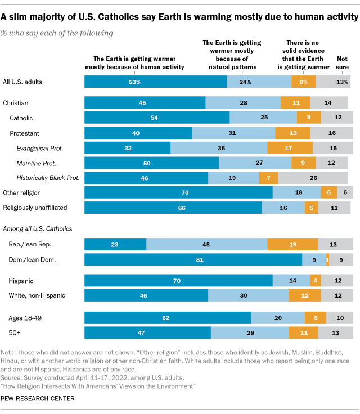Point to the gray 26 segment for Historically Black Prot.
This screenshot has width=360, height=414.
pyautogui.click(x=312, y=178)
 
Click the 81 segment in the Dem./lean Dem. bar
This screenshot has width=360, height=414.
pyautogui.click(x=193, y=259)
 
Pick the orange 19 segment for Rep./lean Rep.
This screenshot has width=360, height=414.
pyautogui.click(x=292, y=244)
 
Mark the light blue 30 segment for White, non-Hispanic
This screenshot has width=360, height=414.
pyautogui.click(x=248, y=295)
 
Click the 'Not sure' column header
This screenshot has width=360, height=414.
pyautogui.click(x=342, y=62)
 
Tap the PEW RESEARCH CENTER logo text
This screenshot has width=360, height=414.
pyautogui.click(x=38, y=398)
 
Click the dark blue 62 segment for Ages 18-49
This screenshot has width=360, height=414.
pyautogui.click(x=168, y=317)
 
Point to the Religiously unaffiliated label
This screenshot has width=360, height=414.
pyautogui.click(x=35, y=208)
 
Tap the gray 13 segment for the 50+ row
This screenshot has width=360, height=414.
pyautogui.click(x=335, y=332)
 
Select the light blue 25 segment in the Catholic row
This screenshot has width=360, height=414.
pyautogui.click(x=263, y=118)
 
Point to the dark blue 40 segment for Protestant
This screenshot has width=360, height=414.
pyautogui.click(x=138, y=133)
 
